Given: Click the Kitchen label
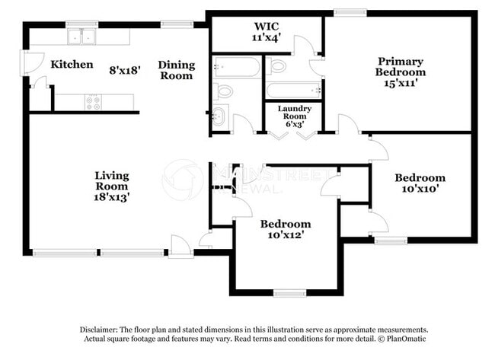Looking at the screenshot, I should point(72,65).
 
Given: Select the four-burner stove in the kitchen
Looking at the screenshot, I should point(94,102).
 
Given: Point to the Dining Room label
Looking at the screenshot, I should point(176,70).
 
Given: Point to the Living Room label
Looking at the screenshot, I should point(111,180).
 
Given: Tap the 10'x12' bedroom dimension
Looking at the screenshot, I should point(286,234).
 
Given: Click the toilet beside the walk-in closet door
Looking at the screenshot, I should point(277,66).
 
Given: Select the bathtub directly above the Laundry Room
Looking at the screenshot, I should point(294,91).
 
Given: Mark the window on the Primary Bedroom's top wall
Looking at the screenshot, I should point(350,12).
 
